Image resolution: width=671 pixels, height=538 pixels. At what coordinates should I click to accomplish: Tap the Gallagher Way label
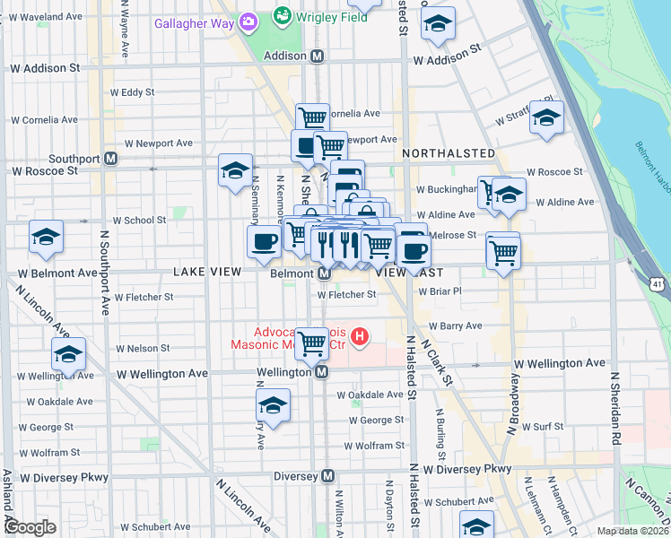[196, 22]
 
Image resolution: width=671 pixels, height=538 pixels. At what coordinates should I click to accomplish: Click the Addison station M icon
[318, 56]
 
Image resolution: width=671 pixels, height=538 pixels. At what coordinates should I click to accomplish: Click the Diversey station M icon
[329, 475]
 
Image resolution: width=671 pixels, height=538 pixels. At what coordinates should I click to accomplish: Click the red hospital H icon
[360, 337]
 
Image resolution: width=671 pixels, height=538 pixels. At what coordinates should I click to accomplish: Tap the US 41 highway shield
[658, 284]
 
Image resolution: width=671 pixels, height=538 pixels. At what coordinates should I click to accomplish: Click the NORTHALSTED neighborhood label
[448, 153]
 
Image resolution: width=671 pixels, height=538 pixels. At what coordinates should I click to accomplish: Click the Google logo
[30, 527]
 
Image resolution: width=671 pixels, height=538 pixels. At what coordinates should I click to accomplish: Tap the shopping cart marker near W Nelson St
[311, 342]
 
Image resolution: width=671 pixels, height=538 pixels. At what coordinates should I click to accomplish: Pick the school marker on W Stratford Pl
[546, 117]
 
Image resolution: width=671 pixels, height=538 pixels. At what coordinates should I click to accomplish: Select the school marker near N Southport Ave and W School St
[46, 237]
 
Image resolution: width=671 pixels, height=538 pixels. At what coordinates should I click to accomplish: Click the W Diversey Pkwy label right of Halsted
[467, 468]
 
